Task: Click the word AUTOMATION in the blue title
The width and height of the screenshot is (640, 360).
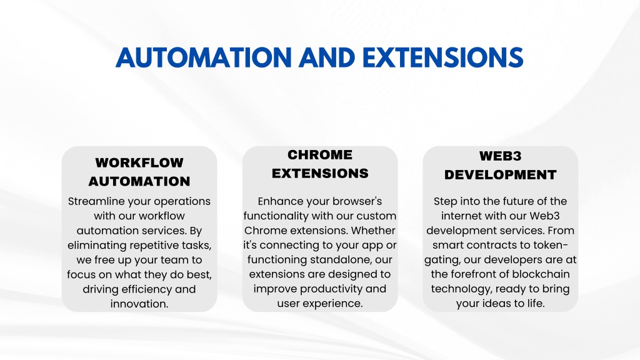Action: coord(204,57)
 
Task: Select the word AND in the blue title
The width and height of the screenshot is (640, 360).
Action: coord(327,57)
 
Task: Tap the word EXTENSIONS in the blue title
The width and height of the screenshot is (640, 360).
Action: coord(443,57)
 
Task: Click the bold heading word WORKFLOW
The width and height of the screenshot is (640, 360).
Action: coord(139,162)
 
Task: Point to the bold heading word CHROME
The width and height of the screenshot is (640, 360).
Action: coord(320,155)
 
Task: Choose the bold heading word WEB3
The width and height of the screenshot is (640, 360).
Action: coord(501,156)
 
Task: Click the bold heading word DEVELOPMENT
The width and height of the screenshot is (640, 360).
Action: coord(501,175)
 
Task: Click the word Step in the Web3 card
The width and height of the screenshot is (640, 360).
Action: coord(443,202)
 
